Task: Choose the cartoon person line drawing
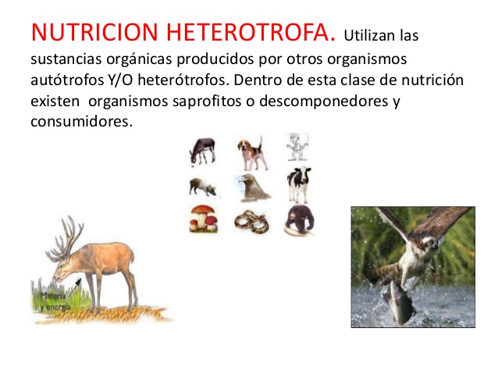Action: point(297,148)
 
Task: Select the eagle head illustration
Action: point(251,187)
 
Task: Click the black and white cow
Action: point(298,186)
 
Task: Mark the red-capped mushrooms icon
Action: point(203,219)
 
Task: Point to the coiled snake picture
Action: point(251,221)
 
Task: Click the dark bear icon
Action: point(298,221)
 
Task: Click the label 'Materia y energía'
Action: point(56,301)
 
